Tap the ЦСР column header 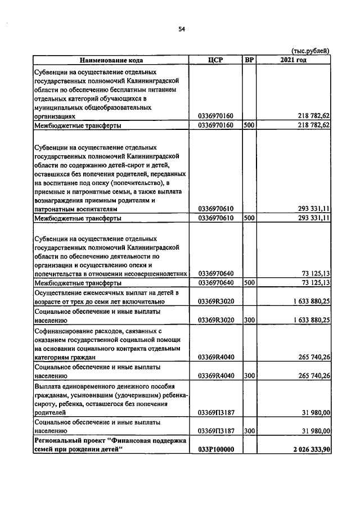point(216,60)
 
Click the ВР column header point(249,60)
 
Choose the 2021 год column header point(293,60)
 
